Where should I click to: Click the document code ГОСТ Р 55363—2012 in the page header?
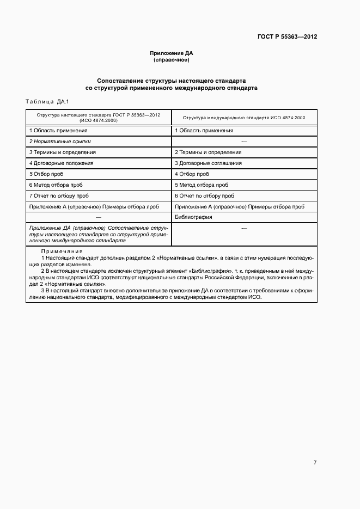(287, 37)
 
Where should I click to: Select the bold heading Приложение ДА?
(172, 53)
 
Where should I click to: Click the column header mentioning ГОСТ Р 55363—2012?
(99, 118)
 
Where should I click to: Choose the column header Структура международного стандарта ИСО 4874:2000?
(244, 118)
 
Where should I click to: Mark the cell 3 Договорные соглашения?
(208, 163)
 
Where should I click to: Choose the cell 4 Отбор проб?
(192, 174)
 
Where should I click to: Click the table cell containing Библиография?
(193, 217)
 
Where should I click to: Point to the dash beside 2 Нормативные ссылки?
(244, 141)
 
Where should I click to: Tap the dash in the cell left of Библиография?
(99, 217)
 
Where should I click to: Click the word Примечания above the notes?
(62, 252)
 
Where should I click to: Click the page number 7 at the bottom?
(315, 462)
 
